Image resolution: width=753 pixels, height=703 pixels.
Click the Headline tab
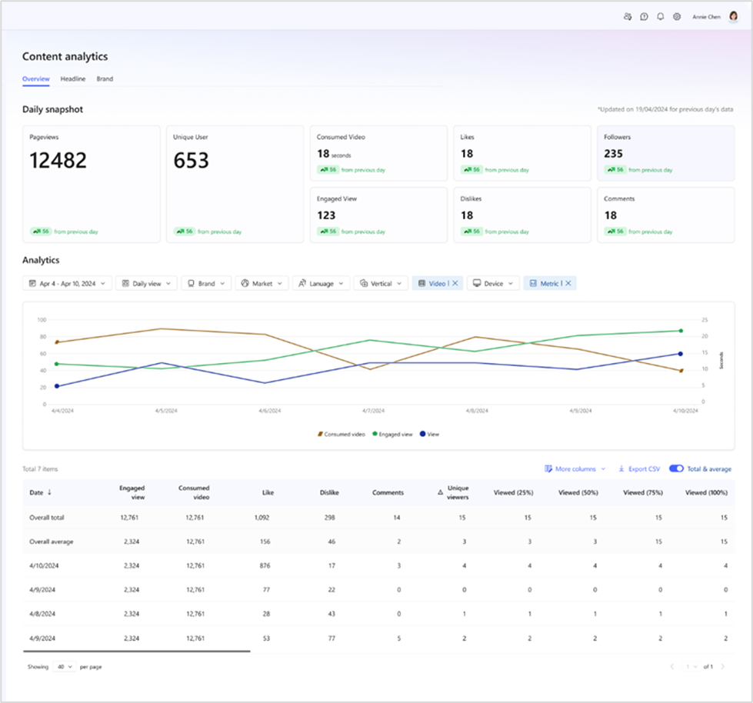click(x=73, y=78)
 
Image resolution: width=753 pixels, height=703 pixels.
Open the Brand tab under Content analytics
click(x=105, y=78)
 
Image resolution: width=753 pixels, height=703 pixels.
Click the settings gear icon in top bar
click(x=677, y=16)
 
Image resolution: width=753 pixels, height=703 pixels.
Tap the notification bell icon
click(x=660, y=16)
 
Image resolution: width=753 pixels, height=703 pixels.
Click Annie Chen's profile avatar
click(x=733, y=16)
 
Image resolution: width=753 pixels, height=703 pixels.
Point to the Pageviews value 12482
click(x=58, y=161)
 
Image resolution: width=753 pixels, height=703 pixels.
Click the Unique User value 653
click(x=192, y=161)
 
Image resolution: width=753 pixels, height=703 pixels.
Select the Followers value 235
click(x=613, y=154)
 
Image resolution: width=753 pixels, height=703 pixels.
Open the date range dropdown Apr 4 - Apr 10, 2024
click(x=67, y=284)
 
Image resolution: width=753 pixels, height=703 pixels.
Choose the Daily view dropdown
click(x=146, y=284)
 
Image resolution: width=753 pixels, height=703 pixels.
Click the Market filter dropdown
click(x=262, y=284)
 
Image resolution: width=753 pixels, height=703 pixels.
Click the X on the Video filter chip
click(x=455, y=284)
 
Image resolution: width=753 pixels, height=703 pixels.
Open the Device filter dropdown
click(x=493, y=284)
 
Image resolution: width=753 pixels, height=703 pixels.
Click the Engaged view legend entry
click(x=393, y=435)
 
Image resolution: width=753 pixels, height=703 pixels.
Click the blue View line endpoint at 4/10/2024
click(x=680, y=354)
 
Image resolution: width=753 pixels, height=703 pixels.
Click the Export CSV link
click(x=639, y=468)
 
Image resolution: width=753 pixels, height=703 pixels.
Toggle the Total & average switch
click(x=677, y=468)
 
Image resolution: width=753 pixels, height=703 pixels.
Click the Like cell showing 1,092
click(x=262, y=518)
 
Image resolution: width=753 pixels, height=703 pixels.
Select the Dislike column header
click(x=329, y=492)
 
